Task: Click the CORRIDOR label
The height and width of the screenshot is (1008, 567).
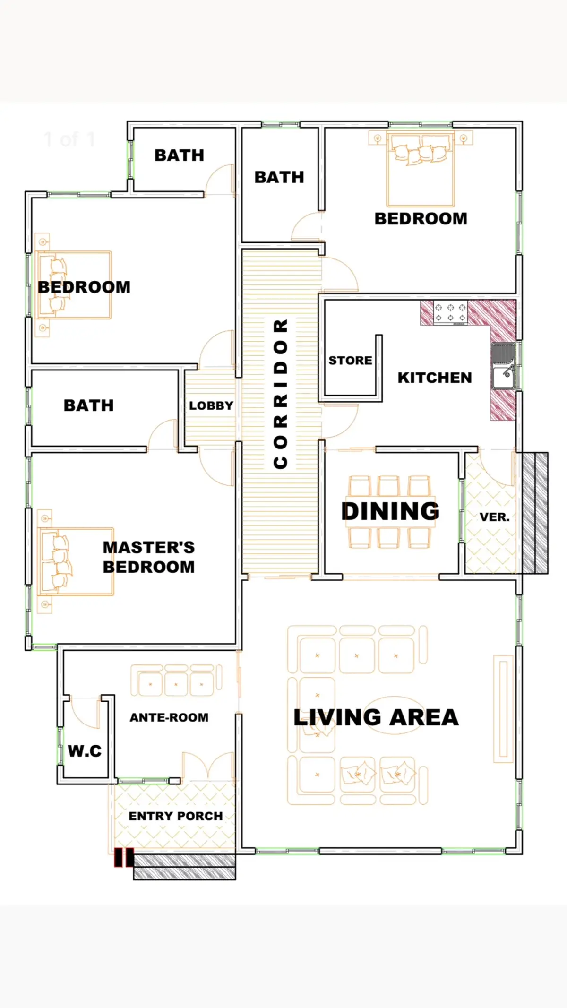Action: point(281,394)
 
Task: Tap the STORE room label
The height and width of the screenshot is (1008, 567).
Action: point(350,361)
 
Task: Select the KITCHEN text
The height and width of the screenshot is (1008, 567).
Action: point(434,378)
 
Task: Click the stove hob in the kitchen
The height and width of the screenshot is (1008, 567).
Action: point(450,313)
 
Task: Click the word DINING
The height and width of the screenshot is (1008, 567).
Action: point(390,511)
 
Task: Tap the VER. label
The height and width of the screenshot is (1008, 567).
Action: point(494,517)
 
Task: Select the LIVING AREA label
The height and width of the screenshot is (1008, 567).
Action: point(376,717)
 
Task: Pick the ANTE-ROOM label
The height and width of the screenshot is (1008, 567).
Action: point(169,717)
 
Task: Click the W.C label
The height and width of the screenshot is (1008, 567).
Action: point(85,751)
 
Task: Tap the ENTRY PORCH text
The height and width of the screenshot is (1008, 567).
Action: point(175,816)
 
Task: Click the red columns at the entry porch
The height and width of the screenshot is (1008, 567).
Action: point(124,858)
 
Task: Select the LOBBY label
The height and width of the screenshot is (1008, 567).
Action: point(211,405)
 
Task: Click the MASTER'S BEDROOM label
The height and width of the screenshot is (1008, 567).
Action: point(148,557)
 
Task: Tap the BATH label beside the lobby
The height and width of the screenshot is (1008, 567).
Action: point(89,405)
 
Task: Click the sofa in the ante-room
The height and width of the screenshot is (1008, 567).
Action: point(176,681)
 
